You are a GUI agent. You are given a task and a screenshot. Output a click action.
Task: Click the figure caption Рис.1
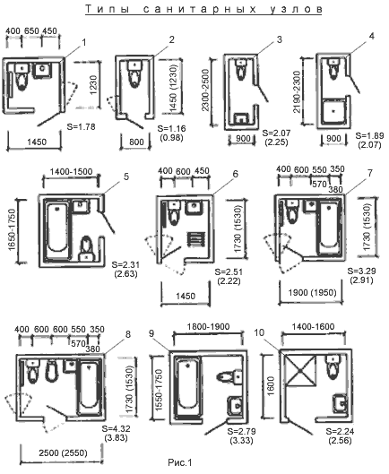pyautogui.click(x=180, y=462)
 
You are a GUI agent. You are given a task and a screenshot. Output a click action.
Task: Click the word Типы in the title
pyautogui.click(x=108, y=9)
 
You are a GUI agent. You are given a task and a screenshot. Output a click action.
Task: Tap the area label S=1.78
pyautogui.click(x=81, y=126)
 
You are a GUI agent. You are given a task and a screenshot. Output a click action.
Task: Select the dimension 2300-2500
pyautogui.click(x=205, y=90)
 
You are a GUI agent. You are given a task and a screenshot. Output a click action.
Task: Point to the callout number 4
pyautogui.click(x=372, y=36)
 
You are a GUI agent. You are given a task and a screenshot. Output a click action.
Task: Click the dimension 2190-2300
pyautogui.click(x=297, y=91)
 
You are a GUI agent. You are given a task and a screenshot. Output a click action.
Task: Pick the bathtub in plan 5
pyautogui.click(x=58, y=228)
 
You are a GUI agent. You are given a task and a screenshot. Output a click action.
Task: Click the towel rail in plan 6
pyautogui.click(x=197, y=239)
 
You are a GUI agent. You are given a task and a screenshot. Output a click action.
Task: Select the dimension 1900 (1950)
pyautogui.click(x=313, y=293)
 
